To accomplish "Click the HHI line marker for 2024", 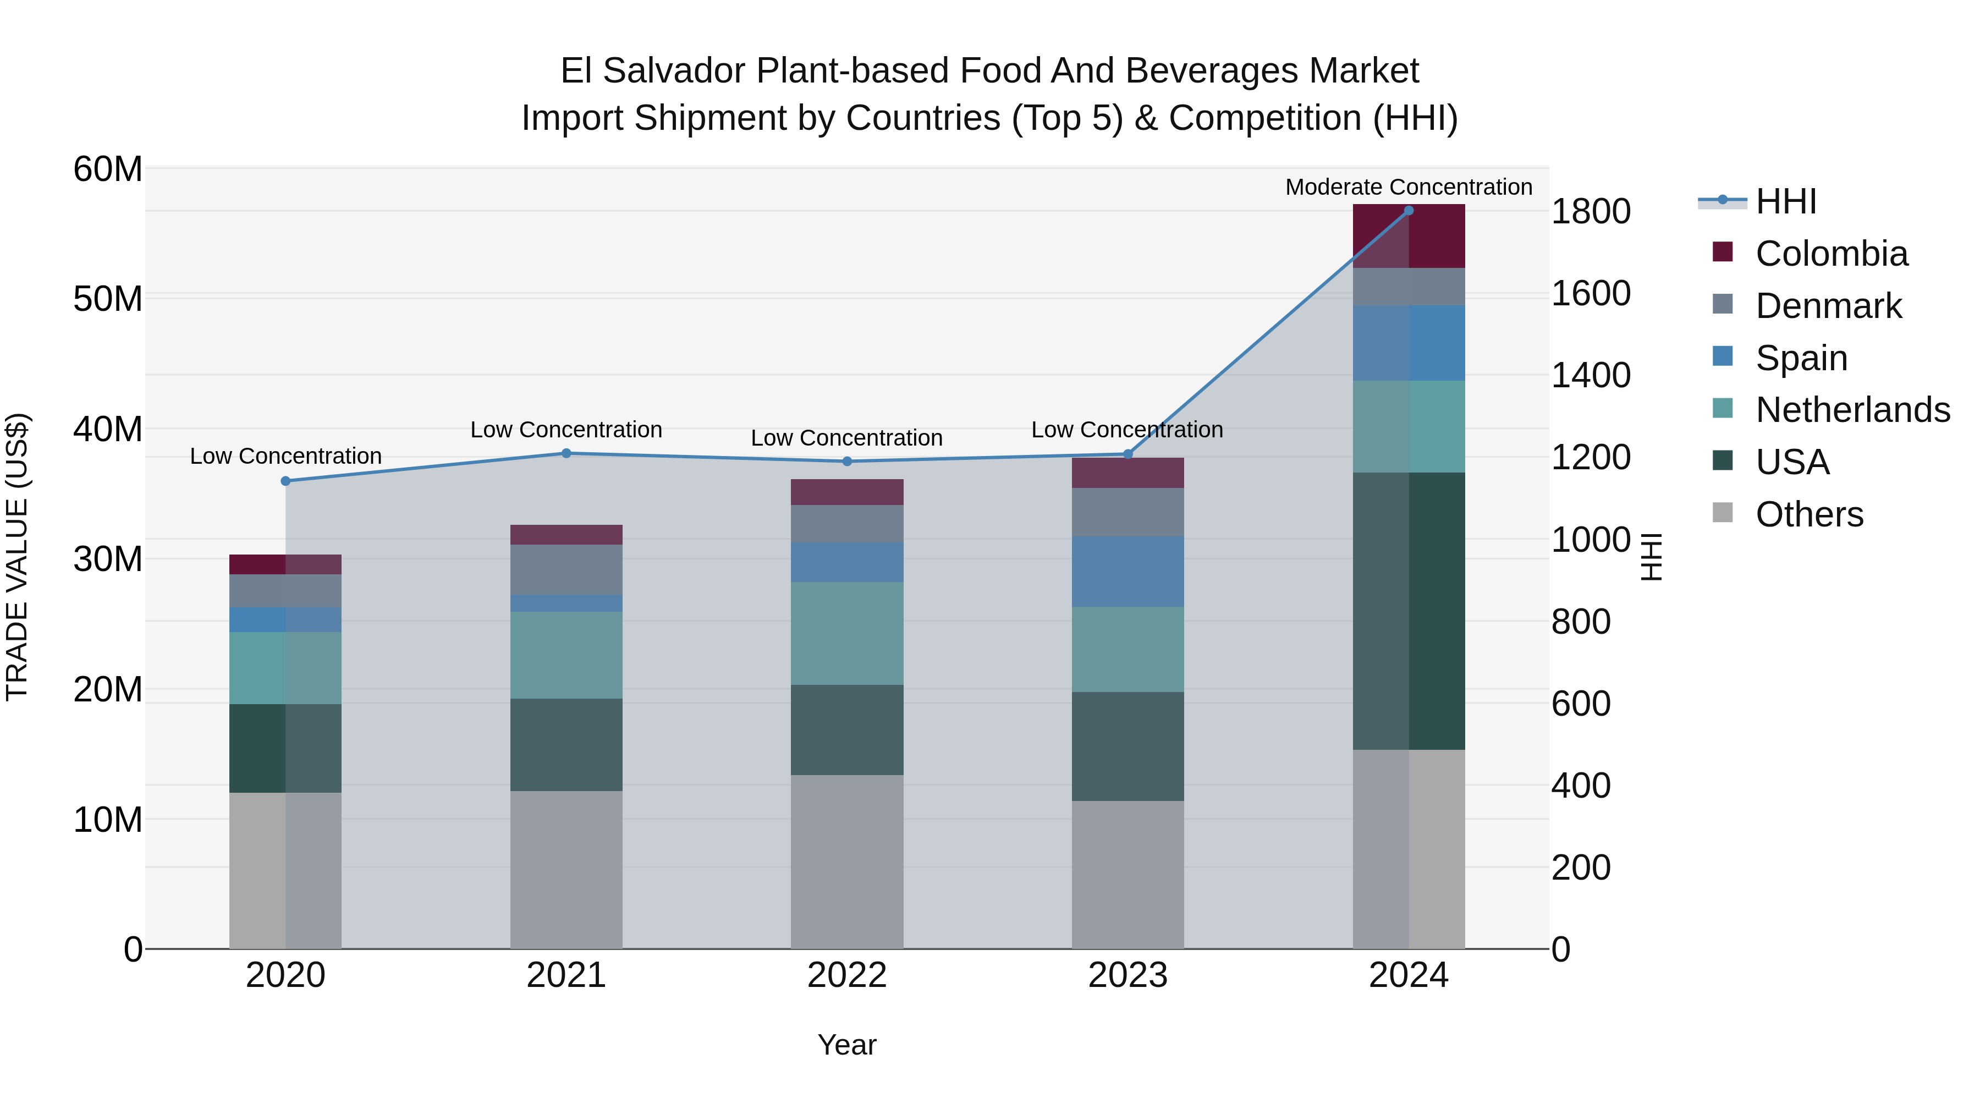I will click(x=1408, y=211).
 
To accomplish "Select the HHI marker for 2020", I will click(x=285, y=481).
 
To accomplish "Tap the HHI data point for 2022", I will click(x=847, y=462).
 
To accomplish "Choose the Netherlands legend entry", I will click(x=1852, y=410).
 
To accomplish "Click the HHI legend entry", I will click(x=1785, y=201).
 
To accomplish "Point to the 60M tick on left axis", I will click(x=108, y=169).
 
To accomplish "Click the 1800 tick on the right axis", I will click(x=1590, y=211).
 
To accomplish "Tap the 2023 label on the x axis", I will click(x=1127, y=975).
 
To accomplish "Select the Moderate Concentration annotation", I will click(x=1408, y=187).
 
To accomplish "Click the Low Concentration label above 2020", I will click(x=285, y=456).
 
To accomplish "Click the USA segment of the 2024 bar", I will click(x=1408, y=611).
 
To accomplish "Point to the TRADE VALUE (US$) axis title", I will click(x=17, y=557).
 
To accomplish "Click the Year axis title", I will click(x=846, y=1045).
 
